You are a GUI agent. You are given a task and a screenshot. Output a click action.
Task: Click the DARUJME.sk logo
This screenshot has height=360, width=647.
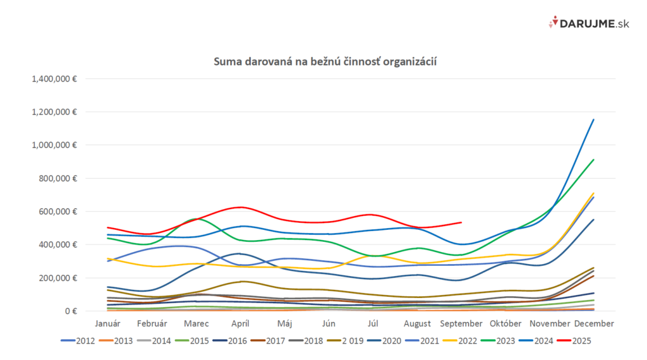[x=580, y=23]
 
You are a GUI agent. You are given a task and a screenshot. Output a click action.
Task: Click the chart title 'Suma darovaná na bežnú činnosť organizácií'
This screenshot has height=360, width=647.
[x=325, y=62]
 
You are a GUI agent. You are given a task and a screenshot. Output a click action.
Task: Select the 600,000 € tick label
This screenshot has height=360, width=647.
[x=57, y=212]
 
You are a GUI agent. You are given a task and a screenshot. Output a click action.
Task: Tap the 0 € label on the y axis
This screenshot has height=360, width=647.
[x=68, y=311]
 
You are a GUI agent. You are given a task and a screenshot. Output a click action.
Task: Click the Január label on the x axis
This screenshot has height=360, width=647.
[x=108, y=323]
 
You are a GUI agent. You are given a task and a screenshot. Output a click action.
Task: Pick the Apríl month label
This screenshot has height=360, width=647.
[x=240, y=323]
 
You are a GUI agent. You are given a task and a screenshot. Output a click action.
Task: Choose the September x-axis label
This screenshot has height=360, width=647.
[x=461, y=323]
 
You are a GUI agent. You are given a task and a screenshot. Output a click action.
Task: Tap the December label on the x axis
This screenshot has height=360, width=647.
[x=593, y=323]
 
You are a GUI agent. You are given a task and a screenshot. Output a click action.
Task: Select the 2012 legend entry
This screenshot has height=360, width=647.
[x=80, y=340]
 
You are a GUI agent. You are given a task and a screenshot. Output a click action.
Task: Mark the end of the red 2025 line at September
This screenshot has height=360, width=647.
[x=461, y=222]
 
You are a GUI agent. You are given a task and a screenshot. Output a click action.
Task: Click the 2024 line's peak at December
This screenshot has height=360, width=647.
[x=593, y=119]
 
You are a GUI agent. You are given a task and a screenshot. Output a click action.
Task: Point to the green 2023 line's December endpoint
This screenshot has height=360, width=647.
[x=593, y=160]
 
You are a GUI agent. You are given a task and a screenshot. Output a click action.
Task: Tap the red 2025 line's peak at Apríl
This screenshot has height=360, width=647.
[x=240, y=207]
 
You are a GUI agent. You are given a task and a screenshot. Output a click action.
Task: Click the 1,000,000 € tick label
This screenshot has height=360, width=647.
[x=53, y=145]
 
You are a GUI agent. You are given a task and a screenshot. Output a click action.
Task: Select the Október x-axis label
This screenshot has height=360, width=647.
[x=505, y=323]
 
